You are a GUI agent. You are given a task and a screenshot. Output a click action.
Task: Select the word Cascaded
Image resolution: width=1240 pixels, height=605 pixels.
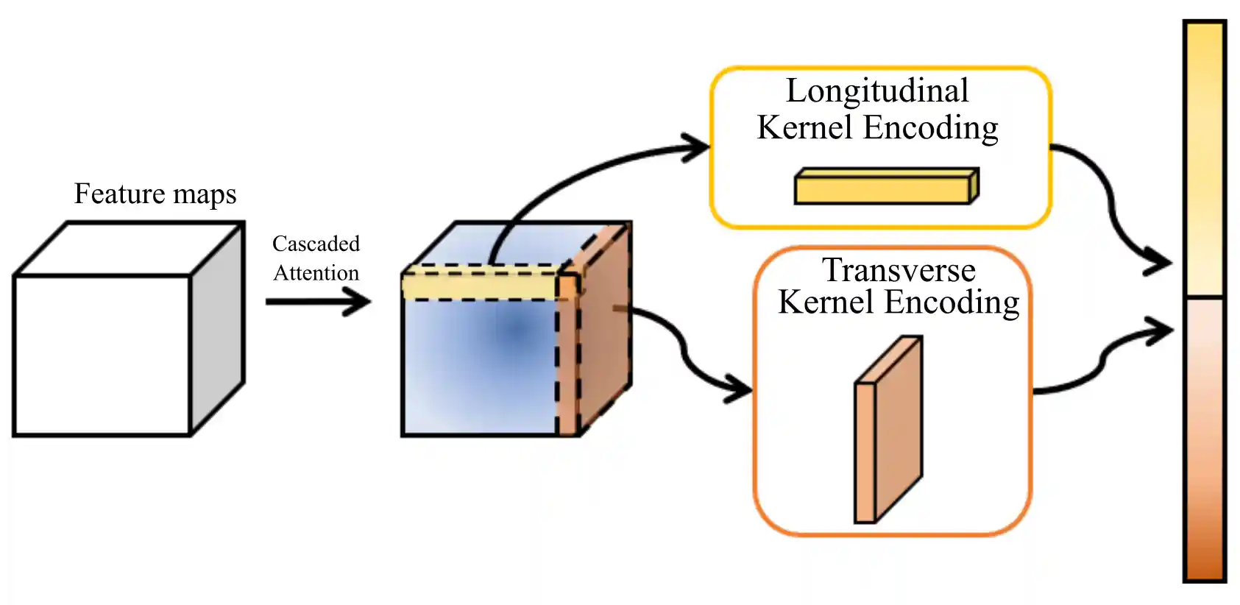coord(316,244)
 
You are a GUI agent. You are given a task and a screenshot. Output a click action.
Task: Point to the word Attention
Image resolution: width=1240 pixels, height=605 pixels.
coord(316,273)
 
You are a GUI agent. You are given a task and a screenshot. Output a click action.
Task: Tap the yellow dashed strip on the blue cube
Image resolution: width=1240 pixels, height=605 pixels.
coord(478,286)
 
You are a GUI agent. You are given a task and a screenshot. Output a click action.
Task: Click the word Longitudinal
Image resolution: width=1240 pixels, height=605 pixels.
coord(877,91)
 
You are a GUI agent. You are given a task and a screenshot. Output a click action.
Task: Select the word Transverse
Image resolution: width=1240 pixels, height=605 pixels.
coord(899,270)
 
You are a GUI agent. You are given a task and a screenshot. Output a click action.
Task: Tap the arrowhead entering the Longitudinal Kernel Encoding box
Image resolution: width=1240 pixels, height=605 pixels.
coord(697,147)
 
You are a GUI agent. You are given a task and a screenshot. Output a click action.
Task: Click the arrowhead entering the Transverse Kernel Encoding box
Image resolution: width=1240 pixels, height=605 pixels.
coord(739,387)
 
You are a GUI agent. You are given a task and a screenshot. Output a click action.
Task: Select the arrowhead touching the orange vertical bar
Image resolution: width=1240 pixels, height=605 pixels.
coord(1161,331)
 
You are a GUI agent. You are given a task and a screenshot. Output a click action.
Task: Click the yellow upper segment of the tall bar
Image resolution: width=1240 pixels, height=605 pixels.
coord(1205,158)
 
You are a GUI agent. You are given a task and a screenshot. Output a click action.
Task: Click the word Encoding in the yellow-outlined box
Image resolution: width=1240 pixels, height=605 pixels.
coord(931,128)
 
